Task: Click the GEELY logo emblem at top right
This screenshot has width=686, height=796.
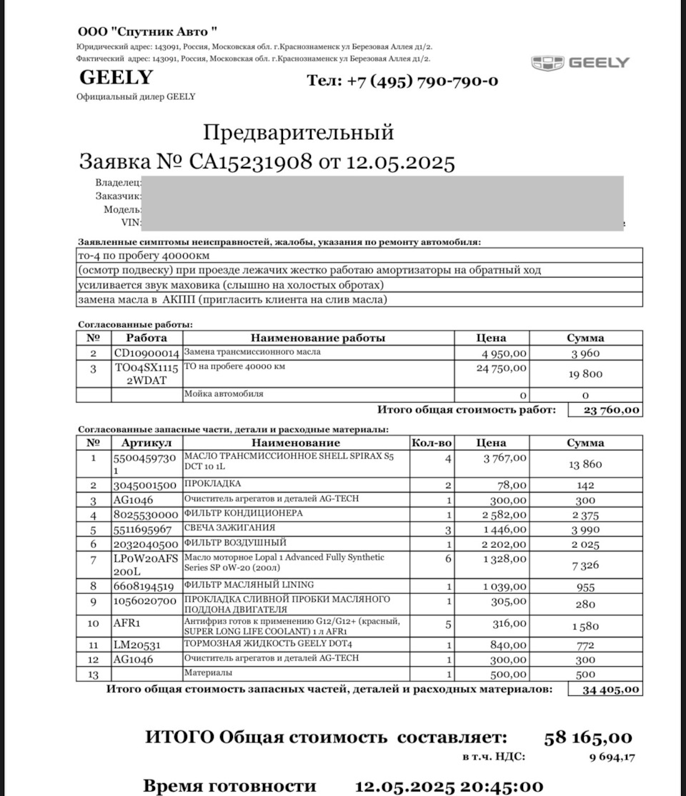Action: (548, 63)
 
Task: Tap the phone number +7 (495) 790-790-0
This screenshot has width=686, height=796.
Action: (403, 81)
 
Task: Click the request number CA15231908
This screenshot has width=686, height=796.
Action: (251, 162)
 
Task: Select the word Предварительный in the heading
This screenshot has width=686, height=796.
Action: (299, 132)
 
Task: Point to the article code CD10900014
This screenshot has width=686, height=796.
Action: (146, 353)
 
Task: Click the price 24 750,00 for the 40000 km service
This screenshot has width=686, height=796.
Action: (502, 368)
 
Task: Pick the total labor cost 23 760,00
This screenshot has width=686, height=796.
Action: (605, 410)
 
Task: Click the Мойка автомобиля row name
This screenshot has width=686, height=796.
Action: (223, 394)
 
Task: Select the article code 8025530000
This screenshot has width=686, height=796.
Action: (146, 514)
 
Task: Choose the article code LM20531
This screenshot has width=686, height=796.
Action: (137, 645)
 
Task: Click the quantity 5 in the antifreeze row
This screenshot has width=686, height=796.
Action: (448, 623)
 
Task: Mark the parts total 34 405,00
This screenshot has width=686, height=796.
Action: (605, 690)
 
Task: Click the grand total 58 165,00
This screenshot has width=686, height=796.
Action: (588, 737)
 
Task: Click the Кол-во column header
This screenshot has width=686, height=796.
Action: (432, 443)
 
